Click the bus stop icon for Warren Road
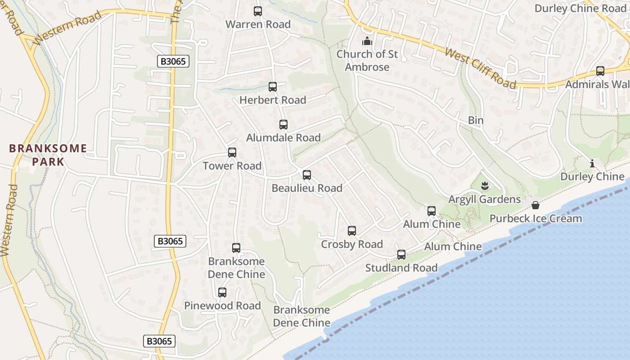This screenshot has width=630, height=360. [x=258, y=11]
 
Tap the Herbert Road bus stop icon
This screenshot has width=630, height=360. [x=272, y=87]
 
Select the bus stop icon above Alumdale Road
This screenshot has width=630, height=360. [x=283, y=125]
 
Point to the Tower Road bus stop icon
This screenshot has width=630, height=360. [x=232, y=153]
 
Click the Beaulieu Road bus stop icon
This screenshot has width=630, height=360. [x=307, y=175]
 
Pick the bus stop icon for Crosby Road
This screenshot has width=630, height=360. [x=352, y=231]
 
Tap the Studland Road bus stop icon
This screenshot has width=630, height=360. [x=401, y=255]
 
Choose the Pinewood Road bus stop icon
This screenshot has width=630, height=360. [x=222, y=292]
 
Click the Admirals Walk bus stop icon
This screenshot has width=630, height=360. [x=600, y=71]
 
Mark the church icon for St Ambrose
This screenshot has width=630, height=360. [x=367, y=41]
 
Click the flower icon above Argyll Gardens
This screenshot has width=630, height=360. [x=485, y=185]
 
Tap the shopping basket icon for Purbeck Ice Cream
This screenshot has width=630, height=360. [x=535, y=205]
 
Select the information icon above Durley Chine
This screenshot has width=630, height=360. [x=592, y=163]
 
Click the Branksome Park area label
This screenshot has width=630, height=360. [x=48, y=155]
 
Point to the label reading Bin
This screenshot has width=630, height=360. [x=476, y=120]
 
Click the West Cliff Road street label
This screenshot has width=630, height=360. [x=481, y=68]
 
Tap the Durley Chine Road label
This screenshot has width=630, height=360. [x=580, y=9]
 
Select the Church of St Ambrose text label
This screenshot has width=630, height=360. [x=367, y=61]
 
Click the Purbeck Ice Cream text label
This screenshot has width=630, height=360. [x=535, y=219]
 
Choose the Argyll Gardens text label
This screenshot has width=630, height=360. [x=485, y=199]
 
